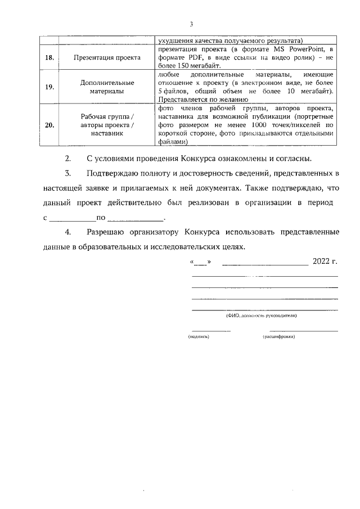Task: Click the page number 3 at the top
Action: (x=192, y=24)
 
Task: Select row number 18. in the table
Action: (x=50, y=57)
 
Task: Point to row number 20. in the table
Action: (x=50, y=125)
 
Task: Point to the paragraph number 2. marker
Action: (x=68, y=158)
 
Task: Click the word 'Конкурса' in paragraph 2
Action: (x=182, y=158)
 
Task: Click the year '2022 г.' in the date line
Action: (x=325, y=262)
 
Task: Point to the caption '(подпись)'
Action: (x=199, y=336)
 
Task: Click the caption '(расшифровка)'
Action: (x=279, y=336)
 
